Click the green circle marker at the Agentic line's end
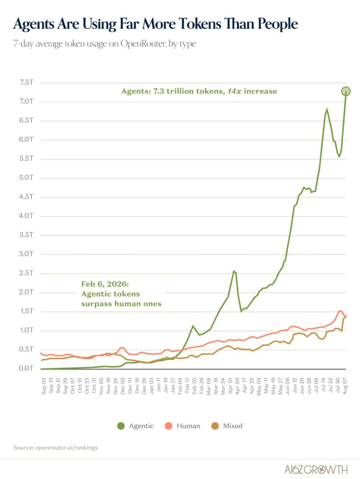coord(346,91)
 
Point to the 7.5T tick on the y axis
coord(27,82)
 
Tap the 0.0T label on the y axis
coord(26,368)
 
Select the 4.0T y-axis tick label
coord(26,216)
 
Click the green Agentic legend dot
coord(121,426)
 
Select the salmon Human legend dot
coord(169,426)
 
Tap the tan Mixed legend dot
coord(215,426)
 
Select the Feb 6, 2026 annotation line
coord(105,284)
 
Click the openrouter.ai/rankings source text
coord(67,448)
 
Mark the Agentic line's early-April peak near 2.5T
coord(234,271)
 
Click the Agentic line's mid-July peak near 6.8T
coord(327,109)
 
